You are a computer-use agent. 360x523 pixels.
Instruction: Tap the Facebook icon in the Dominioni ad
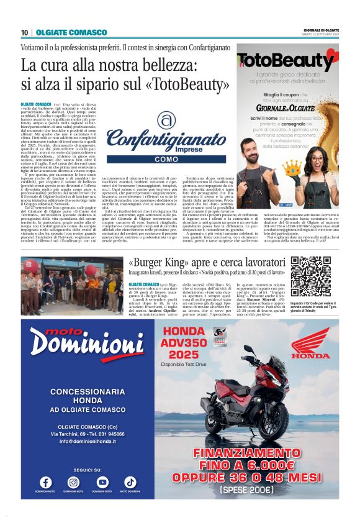pyautogui.click(x=46, y=481)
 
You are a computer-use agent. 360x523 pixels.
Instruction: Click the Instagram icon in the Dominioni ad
pyautogui.click(x=74, y=481)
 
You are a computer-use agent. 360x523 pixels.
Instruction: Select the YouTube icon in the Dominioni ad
pyautogui.click(x=102, y=481)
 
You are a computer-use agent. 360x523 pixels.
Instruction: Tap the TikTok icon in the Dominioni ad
pyautogui.click(x=130, y=481)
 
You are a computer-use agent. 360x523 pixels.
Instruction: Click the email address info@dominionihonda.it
pyautogui.click(x=89, y=441)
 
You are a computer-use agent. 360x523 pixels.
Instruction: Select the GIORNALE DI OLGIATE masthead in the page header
pyautogui.click(x=322, y=30)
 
